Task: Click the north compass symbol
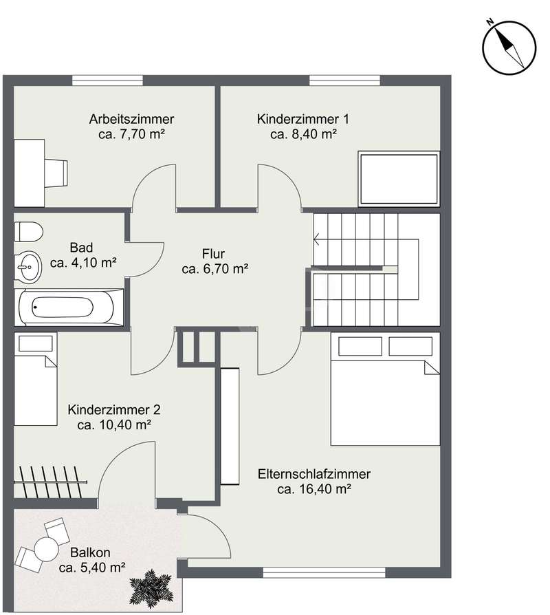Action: (509, 47)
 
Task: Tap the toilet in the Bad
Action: (28, 231)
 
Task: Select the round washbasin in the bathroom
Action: (27, 266)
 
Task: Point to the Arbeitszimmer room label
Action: (131, 119)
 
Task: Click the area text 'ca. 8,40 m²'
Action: (303, 134)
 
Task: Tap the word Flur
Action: (213, 254)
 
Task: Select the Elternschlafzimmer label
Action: (314, 474)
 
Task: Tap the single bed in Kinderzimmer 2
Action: (36, 379)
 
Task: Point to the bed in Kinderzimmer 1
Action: (399, 179)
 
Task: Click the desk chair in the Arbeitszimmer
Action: (56, 173)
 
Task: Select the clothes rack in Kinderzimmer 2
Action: (50, 482)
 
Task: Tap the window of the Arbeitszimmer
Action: (107, 80)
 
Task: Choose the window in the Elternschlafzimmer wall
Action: (324, 572)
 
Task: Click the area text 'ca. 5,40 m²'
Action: (92, 567)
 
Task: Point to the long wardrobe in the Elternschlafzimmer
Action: (230, 427)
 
